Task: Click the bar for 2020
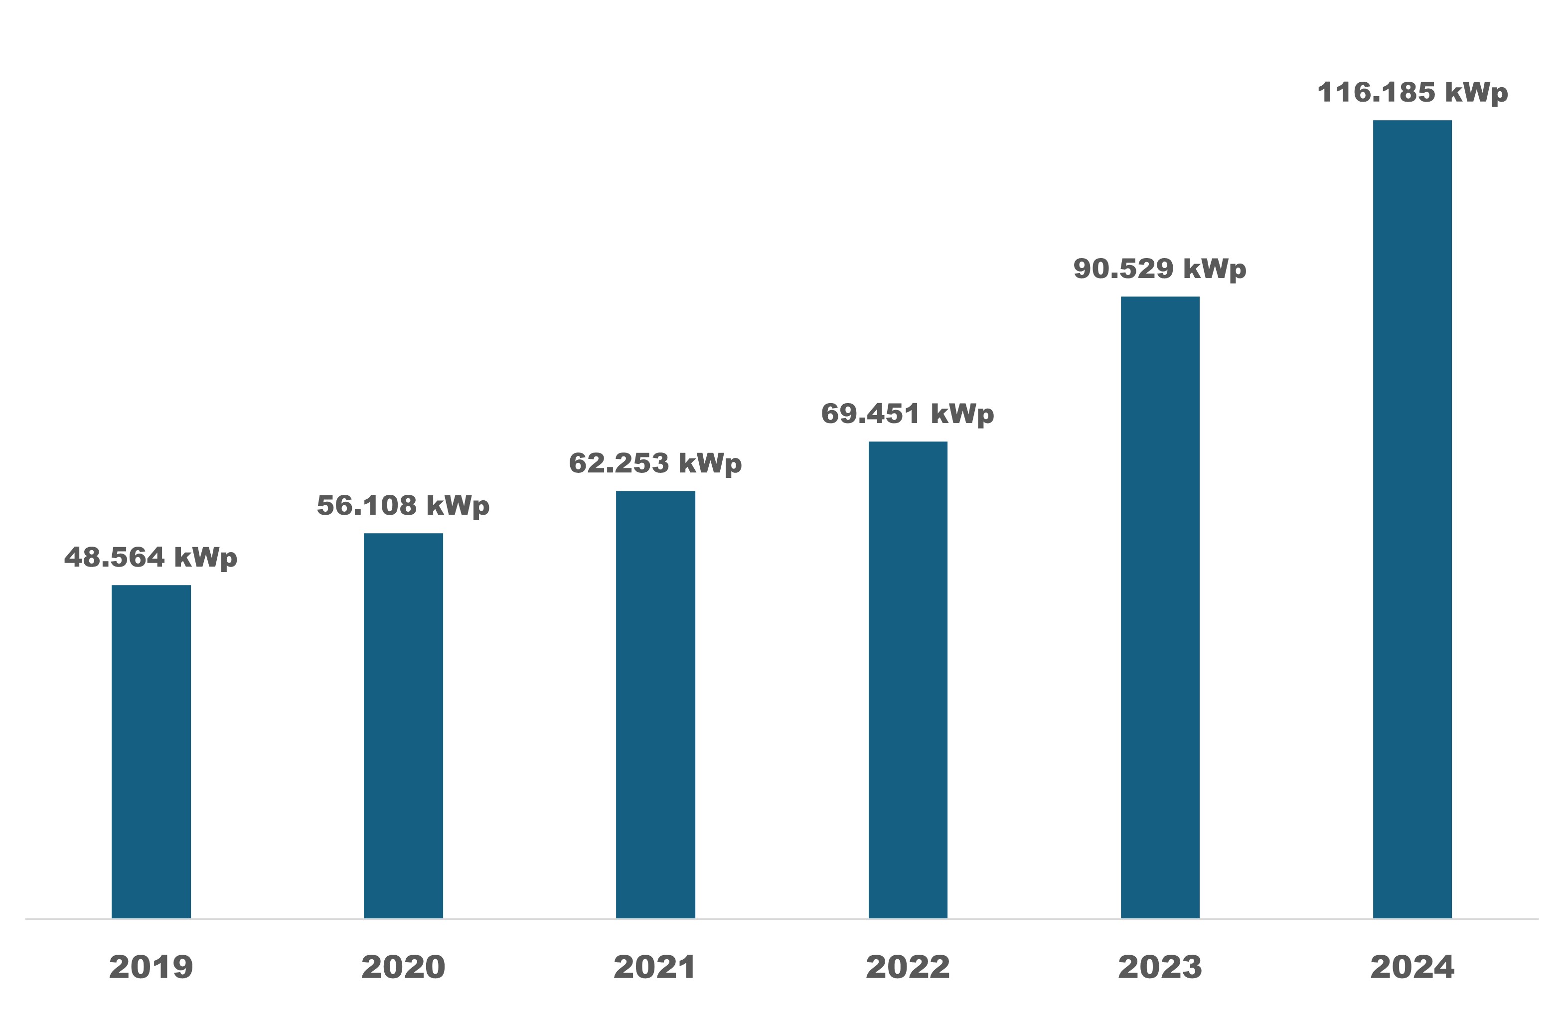click(x=404, y=725)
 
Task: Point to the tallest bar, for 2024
click(x=1412, y=519)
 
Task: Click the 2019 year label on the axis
click(x=151, y=967)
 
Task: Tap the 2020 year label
click(x=404, y=967)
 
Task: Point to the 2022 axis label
click(x=908, y=967)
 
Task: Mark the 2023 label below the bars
click(x=1160, y=967)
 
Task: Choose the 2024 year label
click(x=1412, y=967)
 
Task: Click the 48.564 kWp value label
click(x=151, y=558)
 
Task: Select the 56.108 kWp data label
click(x=404, y=506)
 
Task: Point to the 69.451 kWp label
click(x=908, y=415)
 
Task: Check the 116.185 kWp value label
click(x=1412, y=93)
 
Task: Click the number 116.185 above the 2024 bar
click(x=1376, y=93)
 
